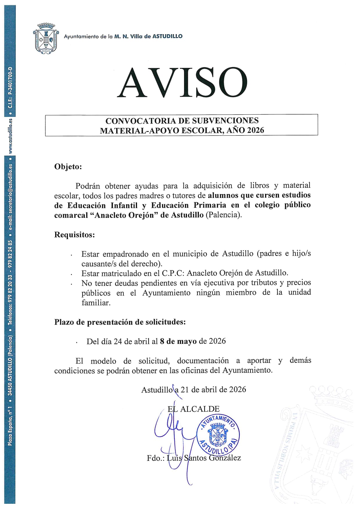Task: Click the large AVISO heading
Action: point(182,83)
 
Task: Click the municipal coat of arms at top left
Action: point(46,38)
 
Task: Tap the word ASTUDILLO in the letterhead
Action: point(168,36)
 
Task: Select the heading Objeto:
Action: point(68,167)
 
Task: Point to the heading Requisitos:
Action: point(74,234)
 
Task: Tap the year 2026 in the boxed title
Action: point(255,130)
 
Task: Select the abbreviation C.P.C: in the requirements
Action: point(173,273)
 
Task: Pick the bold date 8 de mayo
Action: point(178,341)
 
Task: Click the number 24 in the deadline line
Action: point(118,341)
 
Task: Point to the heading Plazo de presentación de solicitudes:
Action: point(120,322)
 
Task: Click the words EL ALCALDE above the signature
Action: point(194,409)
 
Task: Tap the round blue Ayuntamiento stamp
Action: point(218,434)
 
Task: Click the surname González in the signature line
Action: point(225,458)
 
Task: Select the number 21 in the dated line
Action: point(185,389)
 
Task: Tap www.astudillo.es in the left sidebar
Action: point(10,136)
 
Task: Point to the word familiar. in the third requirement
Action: point(96,303)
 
